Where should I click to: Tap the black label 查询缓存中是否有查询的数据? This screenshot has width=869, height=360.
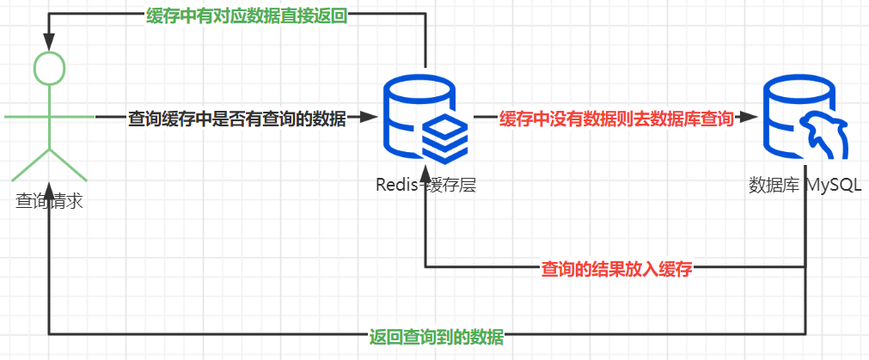(236, 119)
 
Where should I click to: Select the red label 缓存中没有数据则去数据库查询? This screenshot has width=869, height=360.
(616, 119)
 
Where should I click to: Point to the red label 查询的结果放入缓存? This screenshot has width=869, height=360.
(616, 268)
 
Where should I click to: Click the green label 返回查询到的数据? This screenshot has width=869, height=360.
(436, 335)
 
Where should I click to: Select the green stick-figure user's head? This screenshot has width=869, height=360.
(49, 68)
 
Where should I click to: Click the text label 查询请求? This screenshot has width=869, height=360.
(49, 201)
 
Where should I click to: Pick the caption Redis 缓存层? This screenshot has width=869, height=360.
(425, 185)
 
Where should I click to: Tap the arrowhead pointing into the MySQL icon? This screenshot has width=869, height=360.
(750, 118)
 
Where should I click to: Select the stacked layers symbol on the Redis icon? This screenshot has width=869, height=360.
(444, 134)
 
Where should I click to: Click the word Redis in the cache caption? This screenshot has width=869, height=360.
(395, 185)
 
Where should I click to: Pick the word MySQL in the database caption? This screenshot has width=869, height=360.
(833, 185)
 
